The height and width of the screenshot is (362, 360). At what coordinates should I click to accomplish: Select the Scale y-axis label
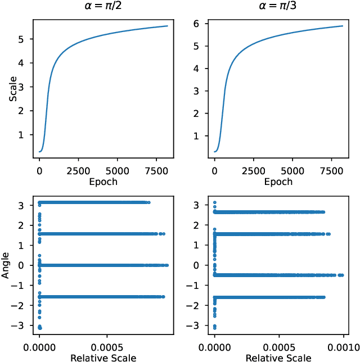coord(12,89)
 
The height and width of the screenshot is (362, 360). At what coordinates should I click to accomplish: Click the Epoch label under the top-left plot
coord(103,182)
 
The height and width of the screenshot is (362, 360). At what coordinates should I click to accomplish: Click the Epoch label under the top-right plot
coord(278,182)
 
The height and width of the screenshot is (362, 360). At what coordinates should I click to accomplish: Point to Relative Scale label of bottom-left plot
coord(103,356)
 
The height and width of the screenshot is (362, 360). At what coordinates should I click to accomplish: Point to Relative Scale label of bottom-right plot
coord(278,356)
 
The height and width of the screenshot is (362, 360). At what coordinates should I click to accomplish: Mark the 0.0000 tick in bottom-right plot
coord(214,346)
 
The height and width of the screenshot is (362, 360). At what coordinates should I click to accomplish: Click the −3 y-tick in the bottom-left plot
coord(21,325)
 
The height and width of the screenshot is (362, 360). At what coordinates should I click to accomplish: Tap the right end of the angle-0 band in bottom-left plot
coord(167,265)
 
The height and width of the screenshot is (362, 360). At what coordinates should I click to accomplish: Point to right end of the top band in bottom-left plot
coord(149,202)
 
